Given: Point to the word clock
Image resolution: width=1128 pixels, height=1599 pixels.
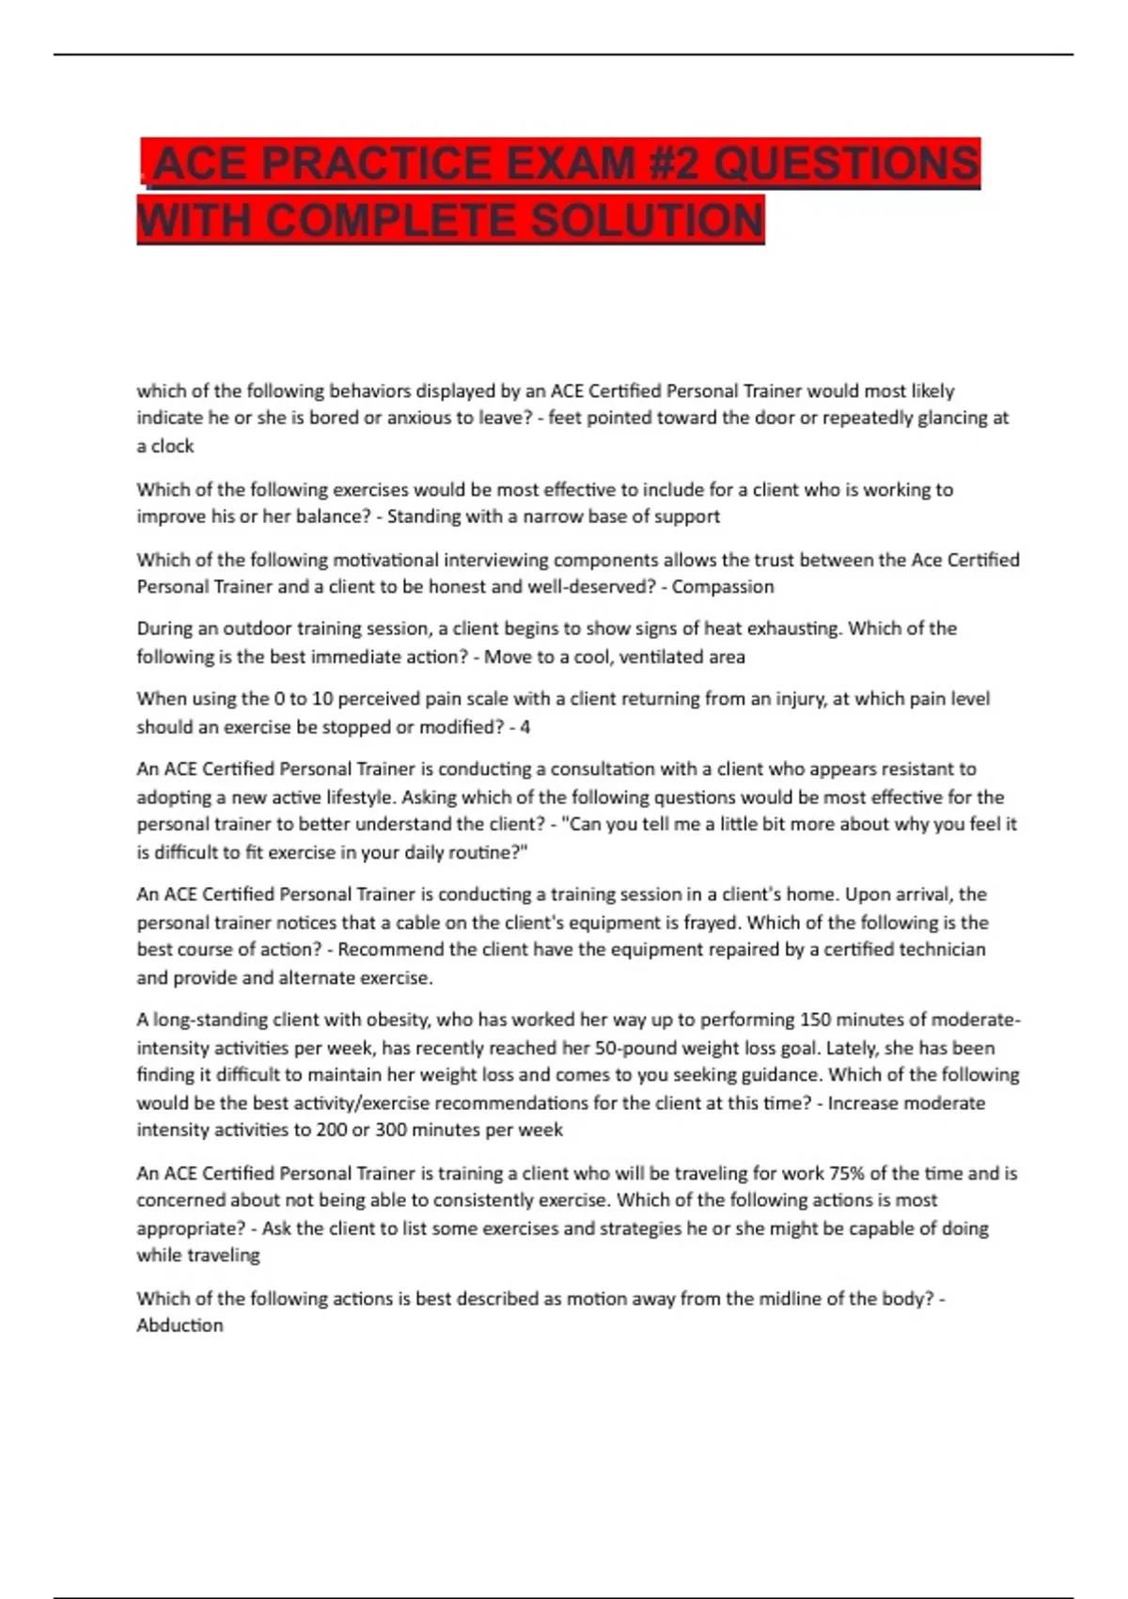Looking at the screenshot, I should (172, 446).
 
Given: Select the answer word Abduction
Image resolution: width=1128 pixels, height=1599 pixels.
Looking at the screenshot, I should (180, 1325).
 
